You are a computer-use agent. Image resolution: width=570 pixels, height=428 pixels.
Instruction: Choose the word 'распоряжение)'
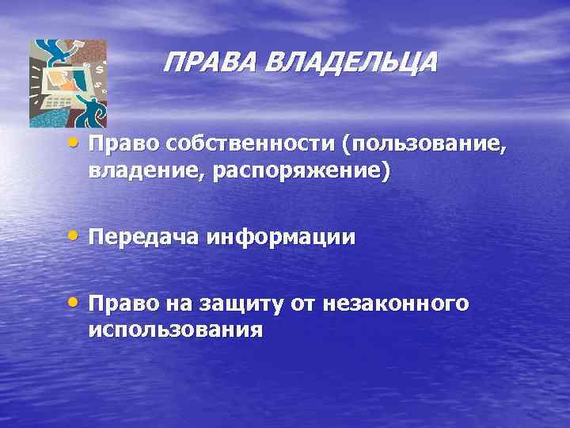tap(292, 171)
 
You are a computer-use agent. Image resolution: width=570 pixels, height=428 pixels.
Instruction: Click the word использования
tap(175, 329)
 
